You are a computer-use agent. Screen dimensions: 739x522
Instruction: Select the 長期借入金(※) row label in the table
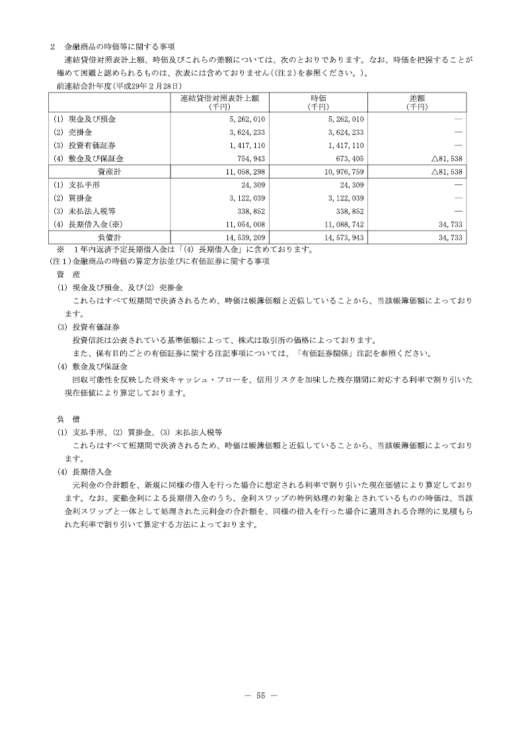(88, 224)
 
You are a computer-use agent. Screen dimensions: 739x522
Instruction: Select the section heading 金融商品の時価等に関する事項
(120, 46)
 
